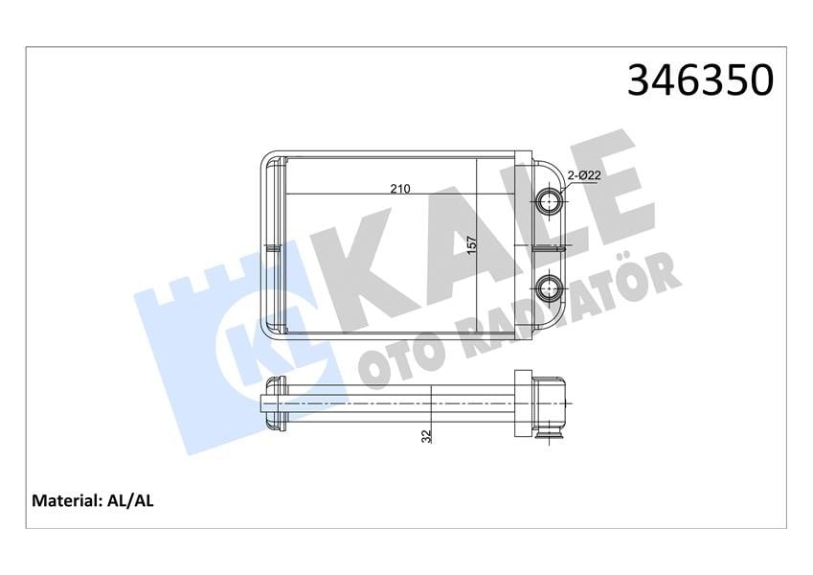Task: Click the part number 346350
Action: tap(700, 80)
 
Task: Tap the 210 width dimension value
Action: tap(399, 189)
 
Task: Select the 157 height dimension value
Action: tap(471, 245)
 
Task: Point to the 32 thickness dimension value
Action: tap(427, 436)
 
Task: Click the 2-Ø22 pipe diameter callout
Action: tap(584, 176)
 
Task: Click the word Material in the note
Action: tap(65, 501)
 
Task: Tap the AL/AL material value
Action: tap(130, 501)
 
